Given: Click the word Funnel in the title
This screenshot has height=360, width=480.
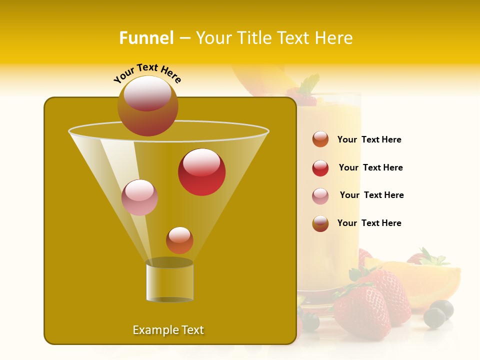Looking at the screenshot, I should (x=146, y=38).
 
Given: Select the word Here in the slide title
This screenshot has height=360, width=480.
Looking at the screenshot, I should (x=333, y=38).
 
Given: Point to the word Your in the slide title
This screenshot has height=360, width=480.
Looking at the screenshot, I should (x=213, y=38).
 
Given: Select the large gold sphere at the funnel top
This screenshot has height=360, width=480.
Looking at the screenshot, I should (x=148, y=106).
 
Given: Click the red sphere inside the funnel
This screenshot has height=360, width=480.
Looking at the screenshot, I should (x=202, y=172).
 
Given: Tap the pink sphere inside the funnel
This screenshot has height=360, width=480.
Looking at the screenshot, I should (x=140, y=197).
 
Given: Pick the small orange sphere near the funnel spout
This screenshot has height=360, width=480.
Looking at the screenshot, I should (x=179, y=240).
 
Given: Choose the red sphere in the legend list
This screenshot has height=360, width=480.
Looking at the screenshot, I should (x=320, y=168).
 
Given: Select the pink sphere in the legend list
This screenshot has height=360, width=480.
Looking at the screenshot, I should (x=320, y=196).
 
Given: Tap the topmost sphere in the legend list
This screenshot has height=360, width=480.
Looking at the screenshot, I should (x=320, y=139).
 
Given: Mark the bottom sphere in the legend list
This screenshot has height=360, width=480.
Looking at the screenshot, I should (x=320, y=223).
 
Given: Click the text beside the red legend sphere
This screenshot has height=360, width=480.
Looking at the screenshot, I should (x=370, y=167).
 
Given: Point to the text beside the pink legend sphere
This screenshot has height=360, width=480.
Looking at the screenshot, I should (x=371, y=195).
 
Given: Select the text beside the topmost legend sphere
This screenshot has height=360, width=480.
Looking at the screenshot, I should (x=369, y=139).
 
